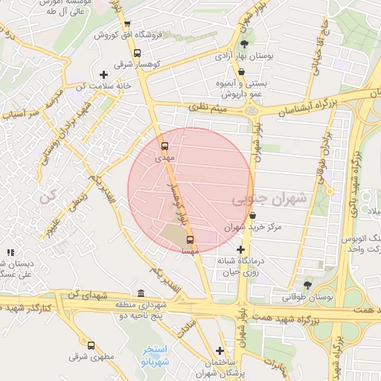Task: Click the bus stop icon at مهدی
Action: pyautogui.click(x=165, y=147)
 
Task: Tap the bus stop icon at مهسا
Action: pyautogui.click(x=190, y=240)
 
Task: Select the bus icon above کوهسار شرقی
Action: pyautogui.click(x=137, y=53)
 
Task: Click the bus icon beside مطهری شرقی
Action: pyautogui.click(x=92, y=345)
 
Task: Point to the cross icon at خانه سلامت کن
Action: pyautogui.click(x=103, y=74)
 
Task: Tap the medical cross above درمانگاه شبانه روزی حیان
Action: pyautogui.click(x=240, y=250)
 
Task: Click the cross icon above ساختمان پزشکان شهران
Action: pyautogui.click(x=220, y=350)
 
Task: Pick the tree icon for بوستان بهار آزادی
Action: pyautogui.click(x=245, y=44)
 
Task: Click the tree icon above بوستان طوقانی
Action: pyautogui.click(x=308, y=285)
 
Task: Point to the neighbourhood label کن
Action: pyautogui.click(x=49, y=199)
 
